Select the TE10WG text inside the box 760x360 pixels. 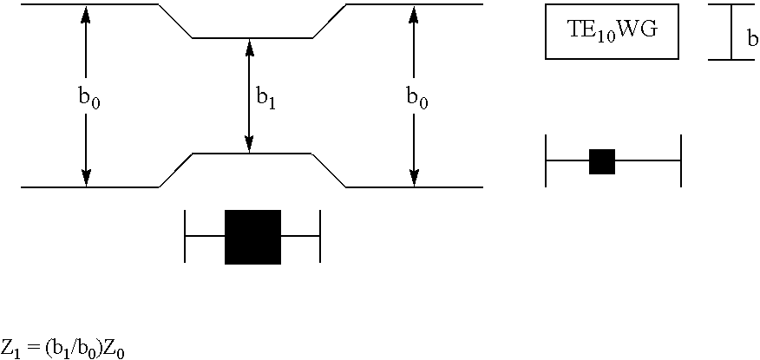[x=612, y=31]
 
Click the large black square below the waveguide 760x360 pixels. [x=252, y=237]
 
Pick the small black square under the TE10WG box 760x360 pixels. [x=602, y=161]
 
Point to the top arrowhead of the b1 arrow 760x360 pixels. [x=250, y=47]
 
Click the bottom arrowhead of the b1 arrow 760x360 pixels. [x=250, y=145]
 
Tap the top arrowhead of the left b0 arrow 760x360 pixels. [x=86, y=13]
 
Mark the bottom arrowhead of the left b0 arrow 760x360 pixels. [x=86, y=178]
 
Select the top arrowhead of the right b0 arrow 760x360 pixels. [x=414, y=13]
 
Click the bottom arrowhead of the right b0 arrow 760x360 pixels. [x=414, y=178]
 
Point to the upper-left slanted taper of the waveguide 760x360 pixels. [x=175, y=22]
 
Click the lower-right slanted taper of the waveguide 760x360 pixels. [x=329, y=170]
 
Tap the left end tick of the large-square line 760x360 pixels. [x=186, y=236]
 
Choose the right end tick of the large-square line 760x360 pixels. [x=320, y=236]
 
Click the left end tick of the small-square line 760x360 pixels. [x=546, y=161]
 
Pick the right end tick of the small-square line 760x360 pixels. [x=681, y=161]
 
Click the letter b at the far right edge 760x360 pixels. [x=752, y=39]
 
